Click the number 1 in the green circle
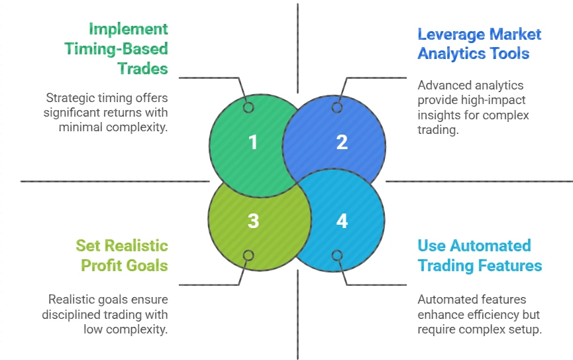click(x=253, y=142)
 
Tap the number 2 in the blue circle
click(x=342, y=142)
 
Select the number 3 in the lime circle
click(x=253, y=220)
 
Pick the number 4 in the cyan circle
click(x=342, y=220)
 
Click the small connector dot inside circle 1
click(x=248, y=107)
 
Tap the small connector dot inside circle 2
click(x=337, y=107)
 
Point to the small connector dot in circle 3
click(x=248, y=255)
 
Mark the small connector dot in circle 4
click(x=337, y=255)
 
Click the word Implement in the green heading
click(x=129, y=30)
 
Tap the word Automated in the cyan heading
click(x=492, y=246)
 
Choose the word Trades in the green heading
click(x=142, y=68)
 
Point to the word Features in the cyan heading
click(x=510, y=266)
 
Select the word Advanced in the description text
click(x=443, y=86)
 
